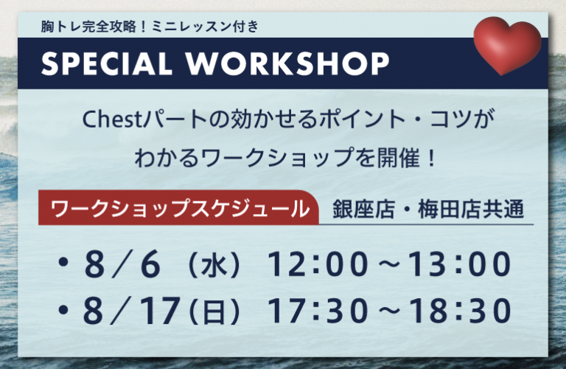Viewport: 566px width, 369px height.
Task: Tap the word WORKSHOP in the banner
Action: (x=287, y=63)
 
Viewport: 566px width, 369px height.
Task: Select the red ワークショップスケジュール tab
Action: (x=178, y=208)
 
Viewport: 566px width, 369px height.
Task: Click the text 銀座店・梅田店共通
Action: (x=427, y=210)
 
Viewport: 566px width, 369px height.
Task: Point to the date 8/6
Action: (x=122, y=265)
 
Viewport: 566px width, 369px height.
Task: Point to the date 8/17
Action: (x=132, y=310)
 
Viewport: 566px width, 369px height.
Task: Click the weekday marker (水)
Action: (x=214, y=266)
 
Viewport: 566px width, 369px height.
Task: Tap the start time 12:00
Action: (x=318, y=264)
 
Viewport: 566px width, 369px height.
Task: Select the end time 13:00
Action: (x=460, y=264)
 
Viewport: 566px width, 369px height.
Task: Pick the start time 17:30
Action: (x=318, y=310)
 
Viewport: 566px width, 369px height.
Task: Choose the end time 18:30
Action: (x=460, y=310)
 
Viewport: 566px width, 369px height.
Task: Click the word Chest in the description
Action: (x=113, y=120)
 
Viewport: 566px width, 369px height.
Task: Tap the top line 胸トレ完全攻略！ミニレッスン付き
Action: (x=150, y=27)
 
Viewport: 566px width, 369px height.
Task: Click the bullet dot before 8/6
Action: (x=63, y=263)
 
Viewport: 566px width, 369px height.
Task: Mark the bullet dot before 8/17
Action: (x=63, y=309)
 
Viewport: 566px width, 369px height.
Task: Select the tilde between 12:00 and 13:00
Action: (x=389, y=264)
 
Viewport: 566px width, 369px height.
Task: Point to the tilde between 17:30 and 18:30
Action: (x=389, y=310)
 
